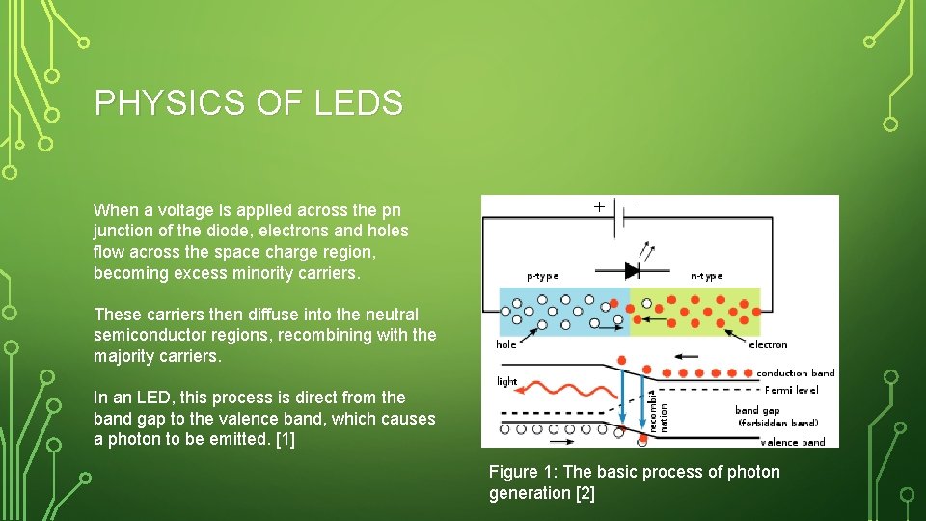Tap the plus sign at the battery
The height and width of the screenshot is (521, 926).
coord(599,206)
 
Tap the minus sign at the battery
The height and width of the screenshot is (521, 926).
coord(639,205)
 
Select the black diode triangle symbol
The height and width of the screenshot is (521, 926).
coord(632,270)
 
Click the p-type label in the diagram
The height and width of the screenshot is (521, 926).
coord(542,276)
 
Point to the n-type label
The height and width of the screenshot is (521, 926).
coord(707,276)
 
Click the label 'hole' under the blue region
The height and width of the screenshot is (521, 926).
coord(506,344)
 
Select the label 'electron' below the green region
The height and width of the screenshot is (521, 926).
coord(768,344)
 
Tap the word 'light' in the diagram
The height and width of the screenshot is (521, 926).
coord(507,380)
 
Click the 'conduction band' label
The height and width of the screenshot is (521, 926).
coord(796,373)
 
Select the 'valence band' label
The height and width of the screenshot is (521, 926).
coord(793,442)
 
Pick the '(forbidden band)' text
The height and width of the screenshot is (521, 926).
coord(777,423)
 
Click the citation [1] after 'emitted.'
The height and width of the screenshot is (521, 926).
coord(285,439)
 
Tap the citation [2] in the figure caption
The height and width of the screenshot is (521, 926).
coord(585,493)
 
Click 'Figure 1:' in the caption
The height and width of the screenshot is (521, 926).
coord(522,472)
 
